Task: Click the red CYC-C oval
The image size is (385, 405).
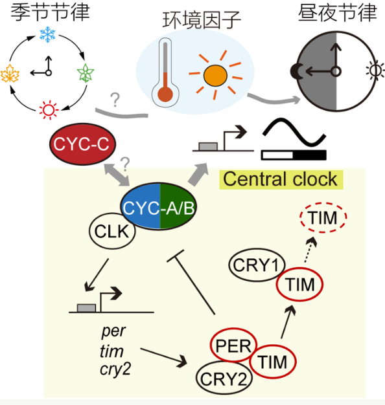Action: (82, 144)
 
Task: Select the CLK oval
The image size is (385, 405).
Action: (112, 231)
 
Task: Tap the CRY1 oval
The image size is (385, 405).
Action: (257, 265)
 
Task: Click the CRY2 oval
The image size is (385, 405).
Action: (224, 378)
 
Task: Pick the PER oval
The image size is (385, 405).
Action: (233, 345)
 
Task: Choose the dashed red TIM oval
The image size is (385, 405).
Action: (323, 217)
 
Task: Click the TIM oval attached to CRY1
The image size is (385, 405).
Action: (300, 284)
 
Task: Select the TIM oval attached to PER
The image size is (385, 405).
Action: (273, 362)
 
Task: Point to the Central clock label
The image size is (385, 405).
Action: (281, 179)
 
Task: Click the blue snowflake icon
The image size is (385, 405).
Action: (47, 34)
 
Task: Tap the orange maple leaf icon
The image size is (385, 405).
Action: (10, 74)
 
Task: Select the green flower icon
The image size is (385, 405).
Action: (86, 73)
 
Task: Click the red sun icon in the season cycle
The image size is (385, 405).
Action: (49, 110)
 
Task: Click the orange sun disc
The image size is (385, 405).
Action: (215, 76)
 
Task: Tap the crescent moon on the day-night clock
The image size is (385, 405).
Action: (294, 71)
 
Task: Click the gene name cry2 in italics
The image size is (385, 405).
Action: (115, 369)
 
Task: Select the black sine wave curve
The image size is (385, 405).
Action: (294, 132)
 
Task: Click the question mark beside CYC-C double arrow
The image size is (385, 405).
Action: (125, 164)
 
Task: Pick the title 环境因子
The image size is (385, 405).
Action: (202, 20)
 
